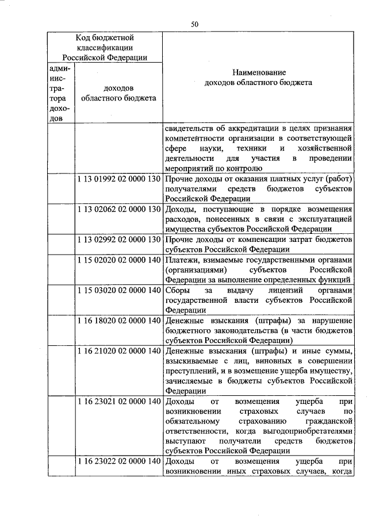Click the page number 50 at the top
click(x=195, y=24)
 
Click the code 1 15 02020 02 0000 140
click(x=118, y=260)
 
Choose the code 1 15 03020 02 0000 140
click(x=118, y=290)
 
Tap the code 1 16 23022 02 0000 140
click(x=118, y=461)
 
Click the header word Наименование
click(x=258, y=73)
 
